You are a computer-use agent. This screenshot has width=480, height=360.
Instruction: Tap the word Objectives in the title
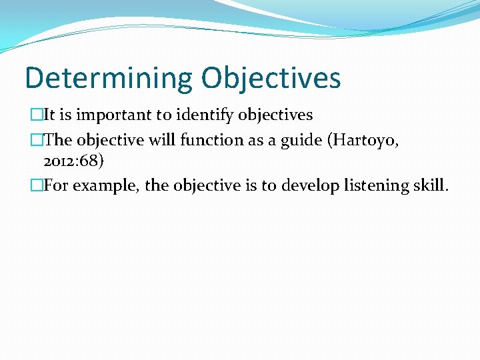coord(271,77)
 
